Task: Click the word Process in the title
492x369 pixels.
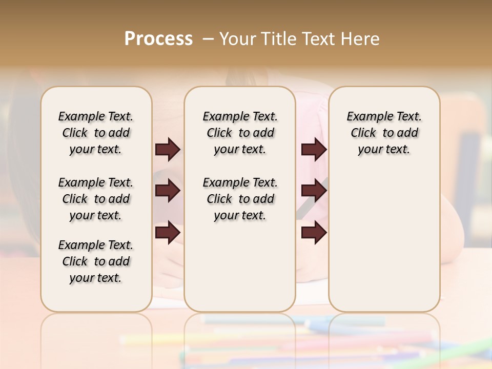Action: [x=158, y=39]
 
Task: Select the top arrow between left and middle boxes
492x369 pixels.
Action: [x=168, y=150]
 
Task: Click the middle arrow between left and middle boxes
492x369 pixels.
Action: [x=168, y=191]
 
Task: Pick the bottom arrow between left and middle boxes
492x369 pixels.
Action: [x=168, y=233]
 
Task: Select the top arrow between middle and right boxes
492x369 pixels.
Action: [x=314, y=150]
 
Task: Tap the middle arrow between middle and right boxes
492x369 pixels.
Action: [x=314, y=191]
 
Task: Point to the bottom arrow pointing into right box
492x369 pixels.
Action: [x=314, y=233]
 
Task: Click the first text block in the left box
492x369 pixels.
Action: [x=96, y=133]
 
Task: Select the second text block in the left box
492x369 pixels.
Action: [x=96, y=199]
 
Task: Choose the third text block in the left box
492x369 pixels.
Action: [x=96, y=261]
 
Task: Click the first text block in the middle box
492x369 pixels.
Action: [x=240, y=133]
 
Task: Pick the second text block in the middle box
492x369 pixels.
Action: [x=240, y=199]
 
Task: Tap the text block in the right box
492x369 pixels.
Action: [x=384, y=133]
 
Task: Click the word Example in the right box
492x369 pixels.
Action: [x=367, y=117]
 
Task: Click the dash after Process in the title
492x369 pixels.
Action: [x=208, y=39]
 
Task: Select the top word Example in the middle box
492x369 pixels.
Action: [x=223, y=117]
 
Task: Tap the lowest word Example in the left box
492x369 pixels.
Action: [x=78, y=245]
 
